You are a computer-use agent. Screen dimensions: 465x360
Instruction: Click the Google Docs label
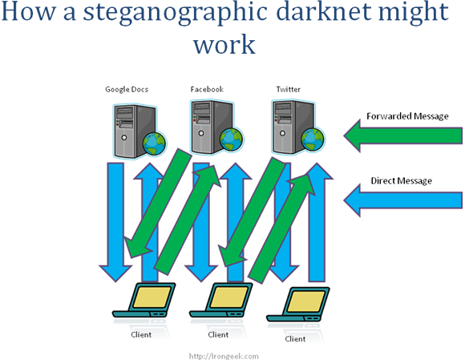(x=127, y=90)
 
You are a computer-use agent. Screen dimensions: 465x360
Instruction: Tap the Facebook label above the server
(x=207, y=89)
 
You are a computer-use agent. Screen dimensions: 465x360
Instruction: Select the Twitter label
(x=289, y=89)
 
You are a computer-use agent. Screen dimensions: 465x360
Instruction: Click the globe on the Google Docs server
(x=154, y=144)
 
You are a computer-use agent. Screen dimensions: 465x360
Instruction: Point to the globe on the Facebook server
(x=232, y=139)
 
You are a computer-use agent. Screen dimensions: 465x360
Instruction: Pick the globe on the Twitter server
(x=313, y=140)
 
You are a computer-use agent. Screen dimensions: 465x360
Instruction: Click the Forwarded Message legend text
(x=407, y=116)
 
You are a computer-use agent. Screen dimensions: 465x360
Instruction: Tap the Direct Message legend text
(x=401, y=180)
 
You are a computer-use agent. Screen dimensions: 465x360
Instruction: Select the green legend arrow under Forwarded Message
(x=403, y=136)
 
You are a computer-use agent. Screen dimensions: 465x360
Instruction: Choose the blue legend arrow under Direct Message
(x=403, y=200)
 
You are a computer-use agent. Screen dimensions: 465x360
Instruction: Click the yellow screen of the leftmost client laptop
(x=152, y=297)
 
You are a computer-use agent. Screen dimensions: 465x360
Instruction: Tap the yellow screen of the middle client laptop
(x=229, y=297)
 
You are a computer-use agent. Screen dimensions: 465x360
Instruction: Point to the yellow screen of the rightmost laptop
(x=306, y=301)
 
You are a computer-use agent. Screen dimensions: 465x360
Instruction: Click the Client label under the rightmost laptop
(x=295, y=339)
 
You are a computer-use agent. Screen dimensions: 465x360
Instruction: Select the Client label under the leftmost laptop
(x=141, y=334)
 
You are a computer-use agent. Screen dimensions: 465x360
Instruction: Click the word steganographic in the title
(x=176, y=13)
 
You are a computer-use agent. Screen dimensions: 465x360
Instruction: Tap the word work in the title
(x=224, y=44)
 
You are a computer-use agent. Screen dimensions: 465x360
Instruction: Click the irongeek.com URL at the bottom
(x=224, y=356)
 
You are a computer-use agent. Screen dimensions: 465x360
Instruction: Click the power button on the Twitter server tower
(x=282, y=133)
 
